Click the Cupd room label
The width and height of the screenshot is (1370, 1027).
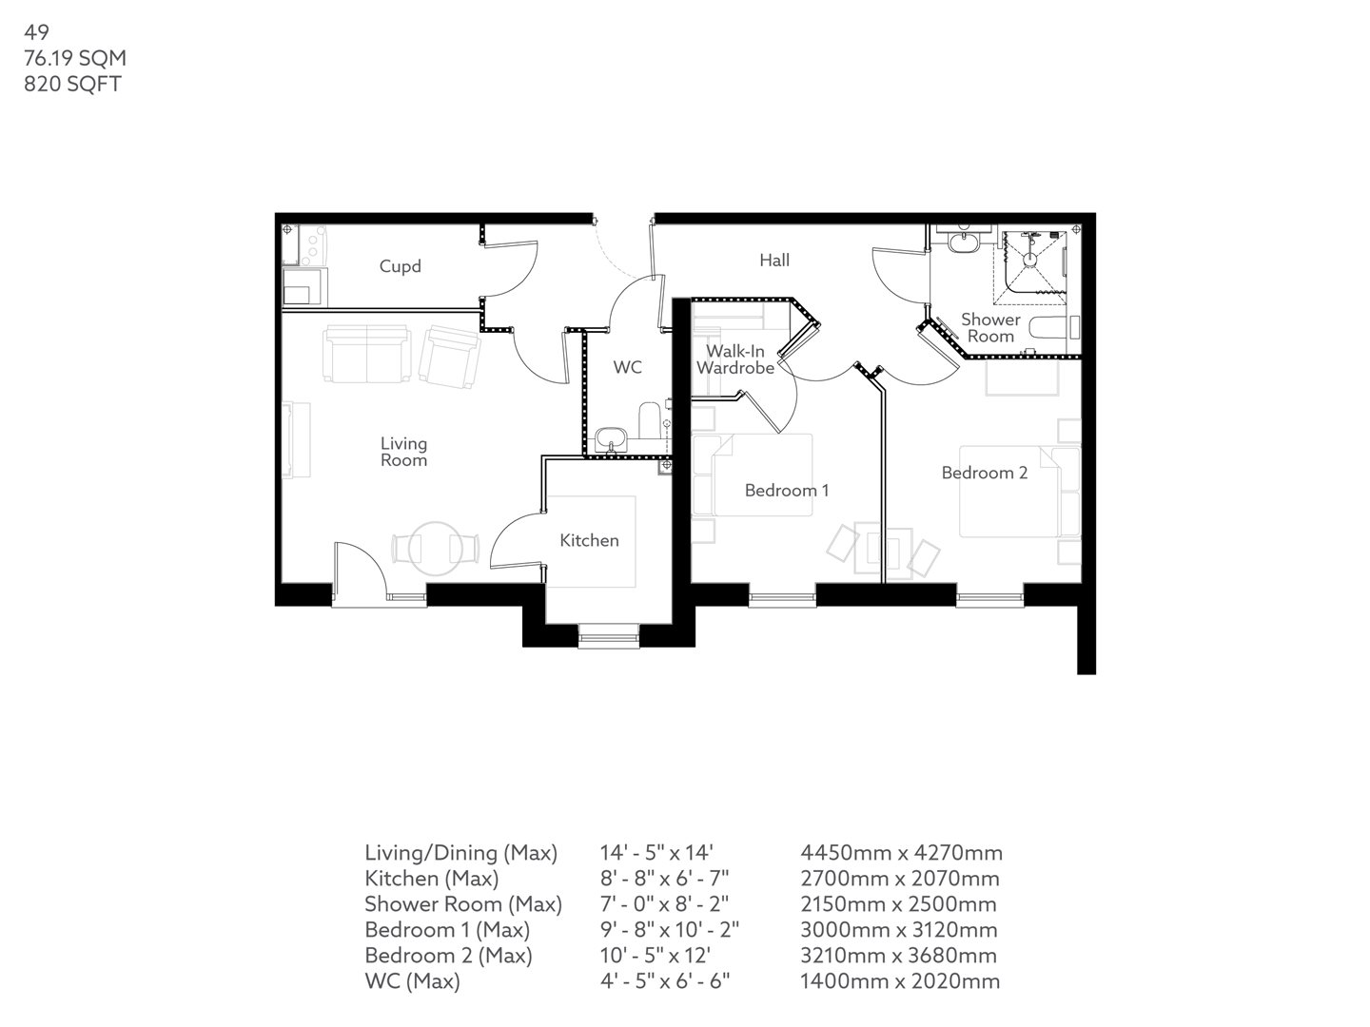[x=400, y=266]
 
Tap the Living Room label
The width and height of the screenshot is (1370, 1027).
[x=403, y=452]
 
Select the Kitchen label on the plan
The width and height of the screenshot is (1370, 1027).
[x=589, y=540]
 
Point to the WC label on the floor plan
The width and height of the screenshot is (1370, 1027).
[x=627, y=367]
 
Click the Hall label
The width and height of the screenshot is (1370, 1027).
[x=774, y=260]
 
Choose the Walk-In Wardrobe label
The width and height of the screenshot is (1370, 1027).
[x=734, y=359]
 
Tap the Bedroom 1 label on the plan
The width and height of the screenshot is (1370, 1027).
[x=786, y=491]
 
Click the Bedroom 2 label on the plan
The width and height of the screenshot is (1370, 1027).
[x=984, y=473]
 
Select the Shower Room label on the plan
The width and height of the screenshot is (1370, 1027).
[x=990, y=328]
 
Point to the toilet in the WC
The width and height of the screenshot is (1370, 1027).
[x=650, y=420]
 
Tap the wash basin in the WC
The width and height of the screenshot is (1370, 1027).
[x=610, y=440]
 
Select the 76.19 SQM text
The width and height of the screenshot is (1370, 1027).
[x=75, y=58]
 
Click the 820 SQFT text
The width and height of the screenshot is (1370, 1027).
[x=72, y=84]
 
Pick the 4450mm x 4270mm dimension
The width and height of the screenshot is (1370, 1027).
[x=901, y=853]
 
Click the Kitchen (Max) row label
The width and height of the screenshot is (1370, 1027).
[x=431, y=879]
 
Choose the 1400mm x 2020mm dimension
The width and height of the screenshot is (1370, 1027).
[x=899, y=981]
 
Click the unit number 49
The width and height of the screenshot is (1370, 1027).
[x=36, y=32]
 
